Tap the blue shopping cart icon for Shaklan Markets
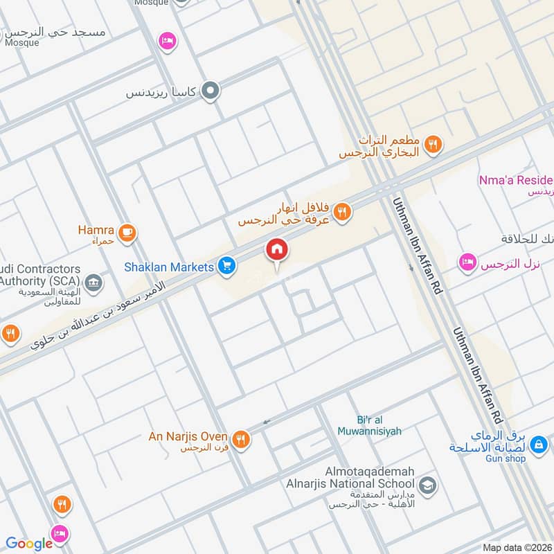(x=226, y=265)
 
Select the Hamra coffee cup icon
(x=126, y=233)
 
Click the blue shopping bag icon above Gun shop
(x=539, y=443)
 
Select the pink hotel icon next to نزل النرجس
(x=467, y=262)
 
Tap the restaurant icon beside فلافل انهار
(x=341, y=212)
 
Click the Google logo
(x=29, y=544)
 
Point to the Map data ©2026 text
(x=517, y=547)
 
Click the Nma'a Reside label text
(x=516, y=180)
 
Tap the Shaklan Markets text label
(x=169, y=267)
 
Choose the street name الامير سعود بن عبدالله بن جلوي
(x=97, y=316)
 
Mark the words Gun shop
(x=505, y=458)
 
